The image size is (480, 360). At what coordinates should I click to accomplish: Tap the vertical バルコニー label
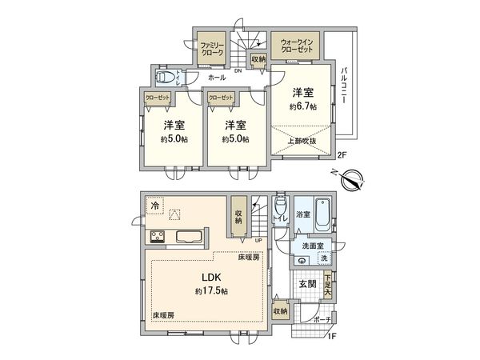click(x=343, y=86)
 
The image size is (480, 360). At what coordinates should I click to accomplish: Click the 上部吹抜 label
click(x=302, y=142)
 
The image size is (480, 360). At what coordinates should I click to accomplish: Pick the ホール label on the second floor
click(x=216, y=78)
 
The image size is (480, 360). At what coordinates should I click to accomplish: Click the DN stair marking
click(x=238, y=70)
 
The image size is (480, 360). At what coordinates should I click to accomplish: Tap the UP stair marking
click(x=258, y=240)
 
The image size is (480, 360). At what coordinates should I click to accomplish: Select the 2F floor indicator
click(x=342, y=154)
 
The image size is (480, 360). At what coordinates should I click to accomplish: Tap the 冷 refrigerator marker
click(x=154, y=206)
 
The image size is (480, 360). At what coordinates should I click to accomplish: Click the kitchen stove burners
click(x=155, y=237)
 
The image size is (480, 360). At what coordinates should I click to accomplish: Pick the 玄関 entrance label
click(x=307, y=283)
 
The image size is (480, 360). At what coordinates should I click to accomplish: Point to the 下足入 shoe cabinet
click(x=328, y=286)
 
